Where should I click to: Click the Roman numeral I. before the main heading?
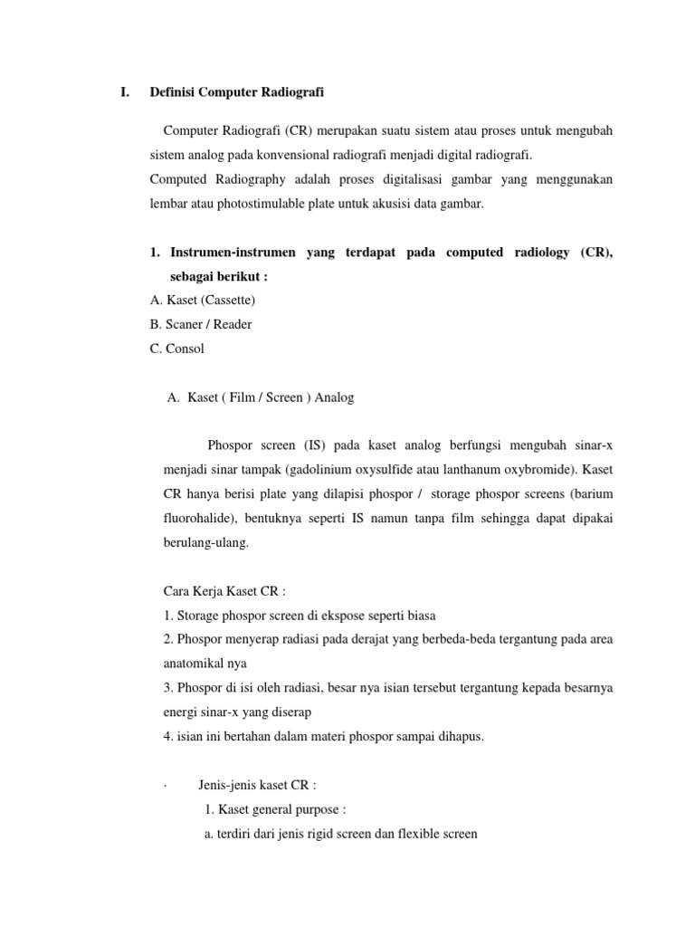[125, 92]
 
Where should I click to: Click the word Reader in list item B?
[234, 324]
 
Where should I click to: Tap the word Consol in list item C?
[186, 348]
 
